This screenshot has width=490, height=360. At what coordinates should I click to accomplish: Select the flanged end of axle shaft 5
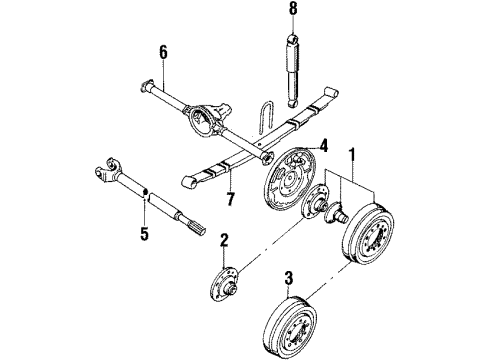click(107, 163)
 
